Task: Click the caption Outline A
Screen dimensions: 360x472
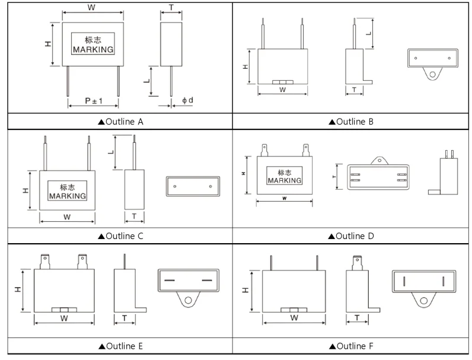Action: pos(121,122)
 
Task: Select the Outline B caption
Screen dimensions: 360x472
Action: pos(351,122)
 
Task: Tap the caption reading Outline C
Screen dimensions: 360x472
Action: pos(121,236)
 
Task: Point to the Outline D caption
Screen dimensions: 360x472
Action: pos(351,236)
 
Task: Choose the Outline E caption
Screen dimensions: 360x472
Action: pos(121,346)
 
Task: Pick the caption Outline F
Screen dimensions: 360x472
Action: pos(351,346)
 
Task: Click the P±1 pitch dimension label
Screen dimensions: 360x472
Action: pos(93,101)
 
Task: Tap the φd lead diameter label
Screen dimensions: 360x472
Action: pos(187,100)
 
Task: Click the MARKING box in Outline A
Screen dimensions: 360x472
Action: pos(93,45)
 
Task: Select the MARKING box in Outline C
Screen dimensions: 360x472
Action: pos(67,192)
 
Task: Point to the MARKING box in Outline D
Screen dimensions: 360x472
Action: pos(284,176)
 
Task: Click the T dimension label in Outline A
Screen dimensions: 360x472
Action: pos(171,7)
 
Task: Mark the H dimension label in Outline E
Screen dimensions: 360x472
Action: pos(18,291)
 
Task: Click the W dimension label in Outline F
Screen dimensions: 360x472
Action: pos(294,318)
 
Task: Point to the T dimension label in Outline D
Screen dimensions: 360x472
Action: pos(334,177)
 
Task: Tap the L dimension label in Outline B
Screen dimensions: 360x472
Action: pos(369,33)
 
